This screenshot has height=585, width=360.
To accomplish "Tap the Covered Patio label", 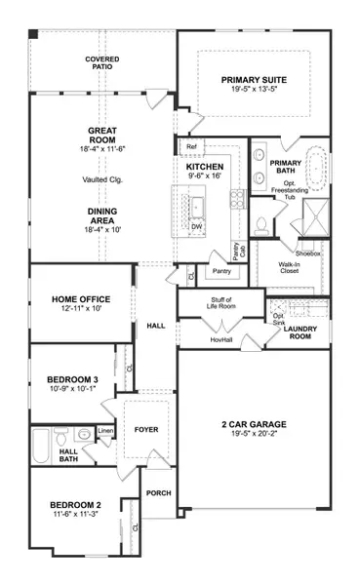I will (x=101, y=64).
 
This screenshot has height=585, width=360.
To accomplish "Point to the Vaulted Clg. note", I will (x=102, y=179).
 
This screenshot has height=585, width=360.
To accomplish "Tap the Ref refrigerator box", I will (x=191, y=146).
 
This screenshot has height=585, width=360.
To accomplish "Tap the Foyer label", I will (x=146, y=429).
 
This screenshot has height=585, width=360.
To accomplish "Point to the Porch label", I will (x=158, y=493).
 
